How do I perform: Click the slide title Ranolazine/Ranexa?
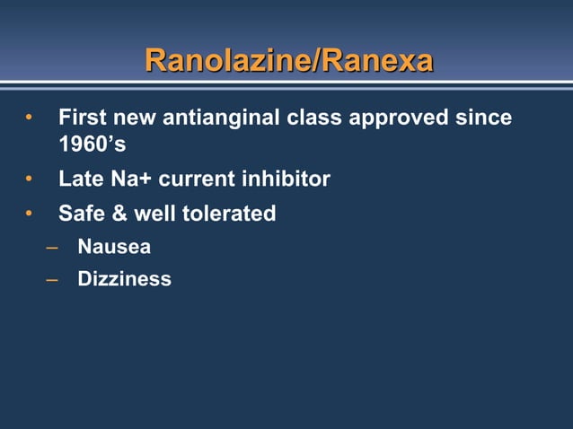click(x=288, y=61)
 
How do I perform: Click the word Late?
click(x=81, y=179)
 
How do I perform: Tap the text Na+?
click(x=132, y=179)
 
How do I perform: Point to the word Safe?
click(x=81, y=214)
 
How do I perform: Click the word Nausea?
click(x=114, y=246)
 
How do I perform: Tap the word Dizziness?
click(x=124, y=279)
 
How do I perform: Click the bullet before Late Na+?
click(x=30, y=179)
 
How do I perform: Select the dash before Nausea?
click(x=53, y=246)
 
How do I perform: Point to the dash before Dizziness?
click(x=53, y=279)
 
